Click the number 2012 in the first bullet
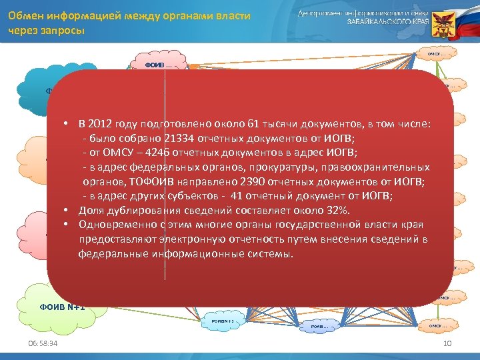[101, 124]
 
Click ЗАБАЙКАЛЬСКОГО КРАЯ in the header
[387, 21]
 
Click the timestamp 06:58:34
[39, 343]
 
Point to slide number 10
[447, 343]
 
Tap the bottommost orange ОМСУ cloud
[436, 325]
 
